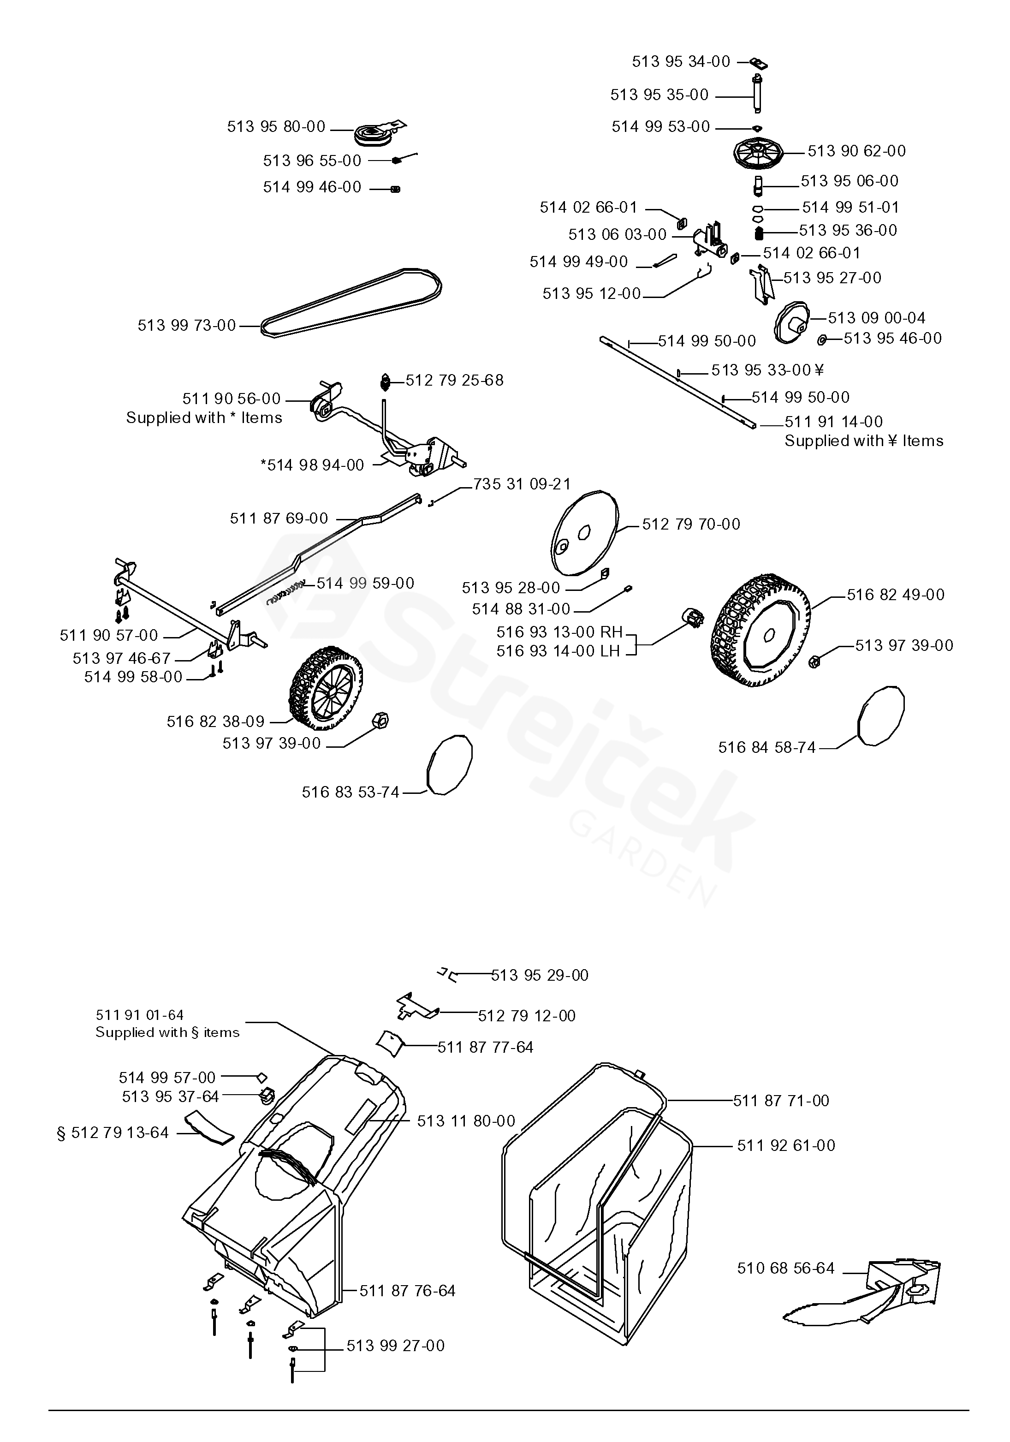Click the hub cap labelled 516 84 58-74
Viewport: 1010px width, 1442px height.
(x=881, y=715)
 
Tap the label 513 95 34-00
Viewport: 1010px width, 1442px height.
(x=681, y=61)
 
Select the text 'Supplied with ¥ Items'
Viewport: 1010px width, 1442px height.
(x=864, y=441)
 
